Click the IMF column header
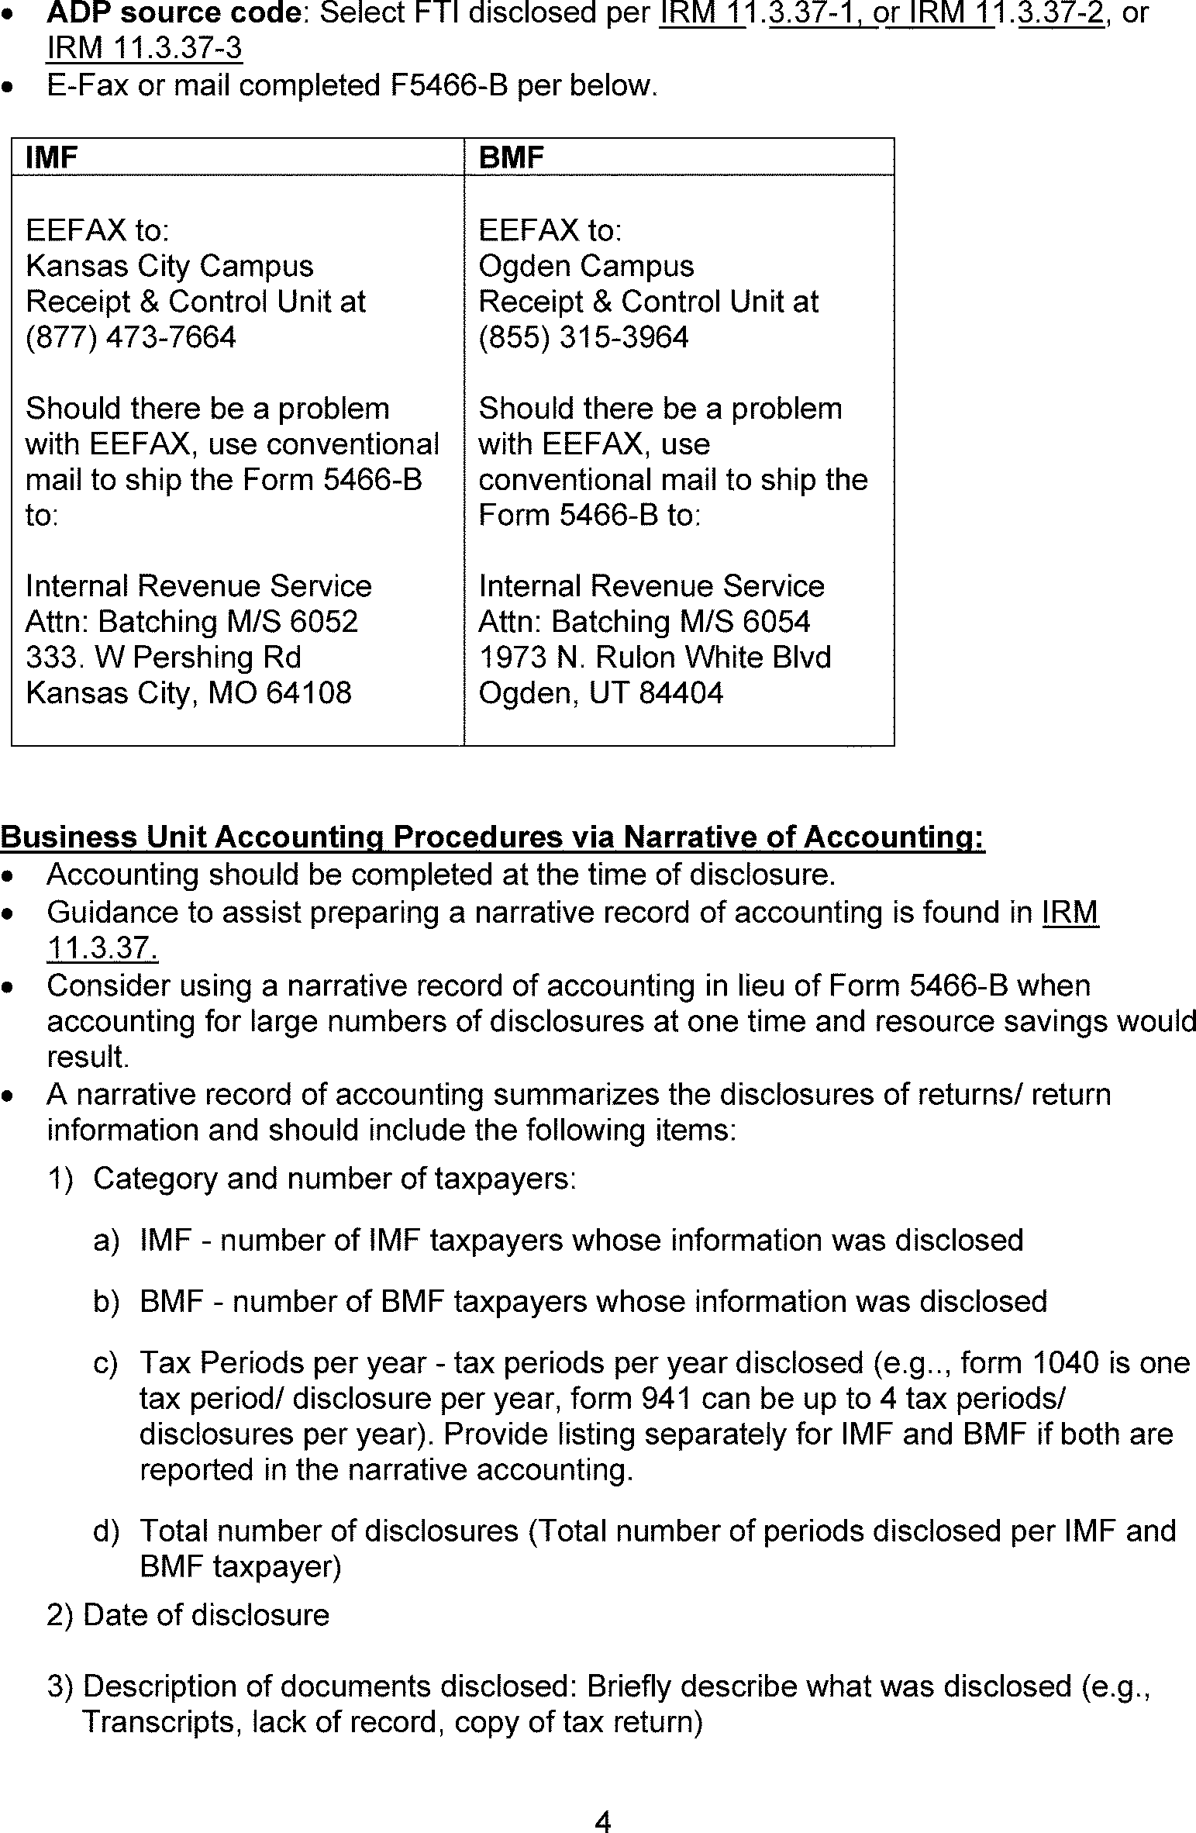coord(52,157)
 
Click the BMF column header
coord(511,157)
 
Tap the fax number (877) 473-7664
coord(131,337)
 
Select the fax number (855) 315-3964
coord(584,337)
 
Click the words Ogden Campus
coord(586,266)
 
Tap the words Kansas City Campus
coord(170,266)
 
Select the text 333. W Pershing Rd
coord(164,658)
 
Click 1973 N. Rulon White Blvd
coord(654,658)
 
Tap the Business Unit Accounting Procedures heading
coord(492,837)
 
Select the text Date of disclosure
coord(206,1615)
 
